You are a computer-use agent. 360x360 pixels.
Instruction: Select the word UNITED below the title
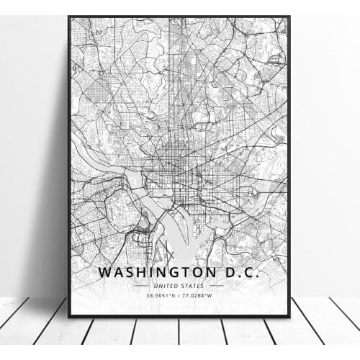167,287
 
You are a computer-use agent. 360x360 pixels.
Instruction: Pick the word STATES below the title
193,287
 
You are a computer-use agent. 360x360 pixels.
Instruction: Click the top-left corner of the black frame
69,17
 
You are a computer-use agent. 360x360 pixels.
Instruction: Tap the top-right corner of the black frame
289,17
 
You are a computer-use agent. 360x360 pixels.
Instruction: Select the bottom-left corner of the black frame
69,316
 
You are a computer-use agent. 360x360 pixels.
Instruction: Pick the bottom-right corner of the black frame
289,316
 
